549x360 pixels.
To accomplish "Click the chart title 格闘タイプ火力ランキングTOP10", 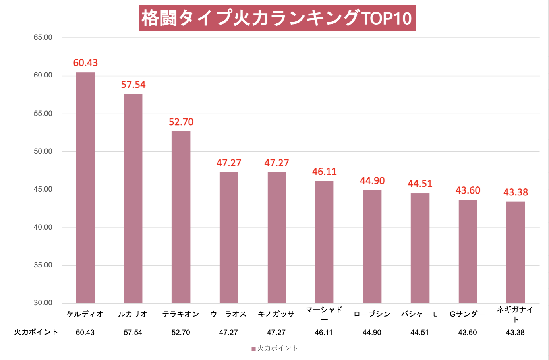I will point(277,18).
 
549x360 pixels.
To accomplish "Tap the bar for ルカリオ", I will point(133,198).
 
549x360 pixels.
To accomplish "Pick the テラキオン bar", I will point(181,217).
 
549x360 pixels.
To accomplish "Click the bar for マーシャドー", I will point(324,242).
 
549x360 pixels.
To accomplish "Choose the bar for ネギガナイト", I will point(515,252).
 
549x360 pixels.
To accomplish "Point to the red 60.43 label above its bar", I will point(85,63).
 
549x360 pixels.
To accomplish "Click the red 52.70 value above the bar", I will point(181,122).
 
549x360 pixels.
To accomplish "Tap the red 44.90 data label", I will point(372,181).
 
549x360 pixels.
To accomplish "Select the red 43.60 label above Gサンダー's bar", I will point(468,190).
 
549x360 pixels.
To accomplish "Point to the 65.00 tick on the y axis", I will point(43,37).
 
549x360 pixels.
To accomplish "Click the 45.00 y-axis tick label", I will point(43,189).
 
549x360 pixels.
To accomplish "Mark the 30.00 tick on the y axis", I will point(43,303).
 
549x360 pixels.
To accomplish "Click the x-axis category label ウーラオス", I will point(228,314).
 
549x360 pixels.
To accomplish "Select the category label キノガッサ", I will point(276,314).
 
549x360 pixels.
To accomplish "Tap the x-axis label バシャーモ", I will point(419,314).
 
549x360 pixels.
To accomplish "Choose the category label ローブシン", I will point(372,314).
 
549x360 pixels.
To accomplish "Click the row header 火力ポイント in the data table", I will point(36,332).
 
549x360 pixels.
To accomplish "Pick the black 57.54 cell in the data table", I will point(133,333).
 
